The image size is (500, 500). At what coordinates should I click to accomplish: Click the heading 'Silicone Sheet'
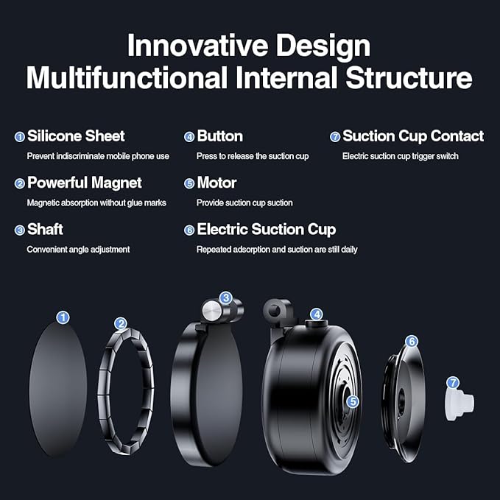76,136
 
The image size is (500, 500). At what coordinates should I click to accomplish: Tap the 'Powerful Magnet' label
84,183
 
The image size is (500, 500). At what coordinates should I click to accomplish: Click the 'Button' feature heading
219,136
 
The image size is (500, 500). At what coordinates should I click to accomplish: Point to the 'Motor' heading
216,183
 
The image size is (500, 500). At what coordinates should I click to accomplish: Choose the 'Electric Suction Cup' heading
266,230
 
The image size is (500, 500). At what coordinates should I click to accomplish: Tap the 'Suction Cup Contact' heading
413,136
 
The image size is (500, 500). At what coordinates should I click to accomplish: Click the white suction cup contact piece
460,401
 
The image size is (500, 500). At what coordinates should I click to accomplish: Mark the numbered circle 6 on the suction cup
412,341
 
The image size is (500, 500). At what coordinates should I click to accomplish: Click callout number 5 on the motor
353,402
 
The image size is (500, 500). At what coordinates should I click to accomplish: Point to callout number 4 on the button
317,314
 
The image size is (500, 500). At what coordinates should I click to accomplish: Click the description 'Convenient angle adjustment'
78,250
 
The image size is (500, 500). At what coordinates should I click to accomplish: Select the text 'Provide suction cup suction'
244,203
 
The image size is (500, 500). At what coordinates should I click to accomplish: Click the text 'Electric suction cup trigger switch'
401,156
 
